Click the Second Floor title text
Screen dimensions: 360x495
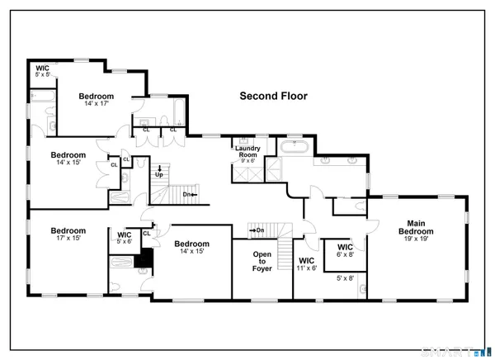point(273,96)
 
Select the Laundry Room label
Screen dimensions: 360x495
point(247,150)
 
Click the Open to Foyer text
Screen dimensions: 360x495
point(262,262)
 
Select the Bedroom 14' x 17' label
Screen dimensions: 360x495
point(97,101)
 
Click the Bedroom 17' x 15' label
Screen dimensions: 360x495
point(68,234)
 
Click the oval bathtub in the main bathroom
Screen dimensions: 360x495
point(293,148)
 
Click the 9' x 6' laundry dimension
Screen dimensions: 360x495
point(247,160)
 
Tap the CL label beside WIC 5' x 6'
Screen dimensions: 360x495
point(146,233)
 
